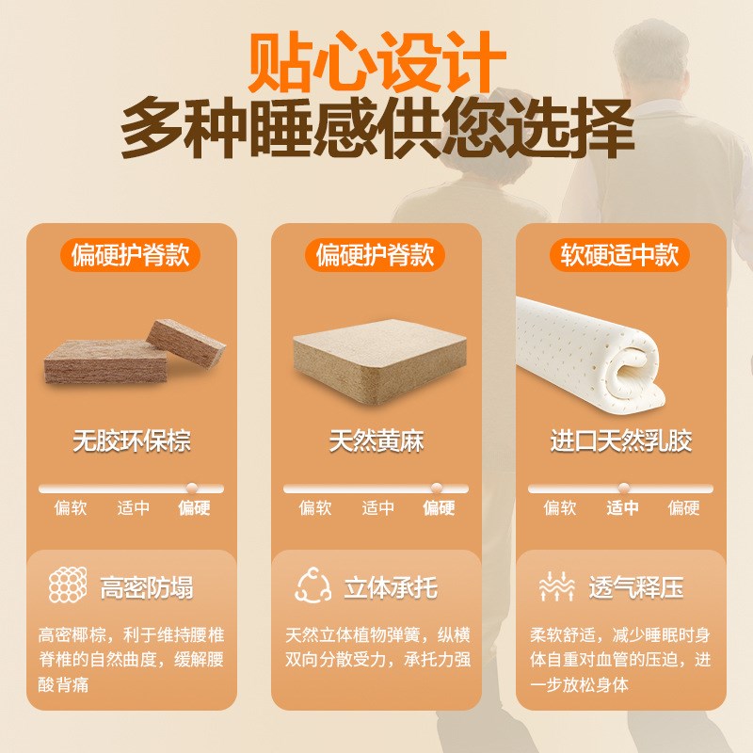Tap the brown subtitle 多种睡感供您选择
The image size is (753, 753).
click(x=376, y=129)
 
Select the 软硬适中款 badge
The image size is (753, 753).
click(x=620, y=255)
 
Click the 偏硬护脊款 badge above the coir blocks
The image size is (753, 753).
click(x=131, y=255)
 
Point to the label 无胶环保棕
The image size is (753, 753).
click(x=132, y=441)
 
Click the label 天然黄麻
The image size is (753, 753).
click(x=376, y=441)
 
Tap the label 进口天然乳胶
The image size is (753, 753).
click(x=621, y=441)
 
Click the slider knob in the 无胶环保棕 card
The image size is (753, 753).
click(x=192, y=489)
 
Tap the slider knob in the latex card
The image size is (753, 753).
click(x=624, y=489)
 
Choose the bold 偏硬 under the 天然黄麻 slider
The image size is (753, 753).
click(x=439, y=508)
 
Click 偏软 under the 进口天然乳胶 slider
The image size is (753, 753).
click(x=560, y=508)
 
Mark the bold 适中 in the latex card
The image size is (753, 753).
click(x=622, y=508)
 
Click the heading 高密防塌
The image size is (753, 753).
click(x=147, y=589)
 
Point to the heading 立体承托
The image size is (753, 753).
click(x=391, y=589)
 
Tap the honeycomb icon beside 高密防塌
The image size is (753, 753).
click(x=66, y=586)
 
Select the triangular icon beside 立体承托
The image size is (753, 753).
click(x=312, y=586)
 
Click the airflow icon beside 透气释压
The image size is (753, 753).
click(x=556, y=587)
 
